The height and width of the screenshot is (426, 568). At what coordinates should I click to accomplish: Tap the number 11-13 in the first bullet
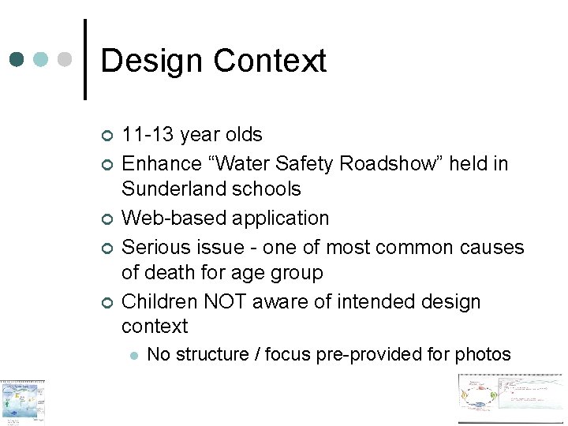pyautogui.click(x=148, y=135)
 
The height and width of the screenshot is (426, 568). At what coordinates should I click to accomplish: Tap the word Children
pyautogui.click(x=159, y=301)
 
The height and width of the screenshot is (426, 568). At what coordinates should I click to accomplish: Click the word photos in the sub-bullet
pyautogui.click(x=483, y=355)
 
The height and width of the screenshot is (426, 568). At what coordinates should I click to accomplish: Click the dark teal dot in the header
pyautogui.click(x=17, y=60)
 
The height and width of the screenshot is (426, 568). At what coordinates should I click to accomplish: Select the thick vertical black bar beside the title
pyautogui.click(x=85, y=60)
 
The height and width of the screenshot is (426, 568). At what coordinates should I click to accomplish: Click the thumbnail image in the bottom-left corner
pyautogui.click(x=22, y=402)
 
